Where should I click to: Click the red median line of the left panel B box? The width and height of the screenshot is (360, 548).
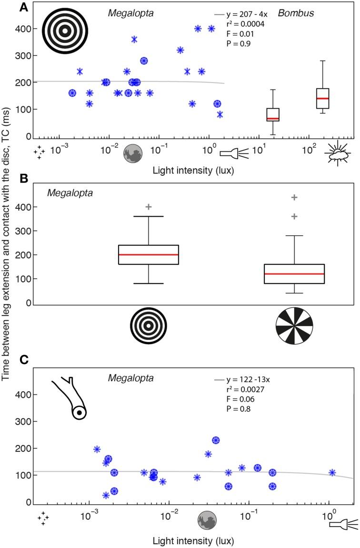pyautogui.click(x=149, y=254)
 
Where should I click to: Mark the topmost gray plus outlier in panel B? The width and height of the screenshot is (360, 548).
pyautogui.click(x=294, y=197)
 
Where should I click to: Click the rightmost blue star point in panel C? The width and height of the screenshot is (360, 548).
pyautogui.click(x=332, y=473)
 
